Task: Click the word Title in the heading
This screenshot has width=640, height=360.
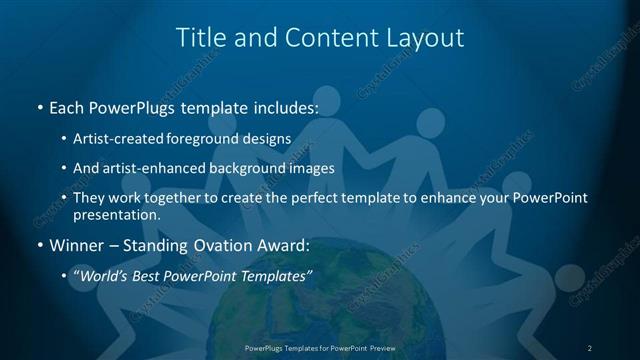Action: click(x=200, y=38)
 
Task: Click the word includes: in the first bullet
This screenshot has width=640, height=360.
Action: click(x=284, y=105)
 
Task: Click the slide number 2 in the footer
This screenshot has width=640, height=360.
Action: click(x=590, y=347)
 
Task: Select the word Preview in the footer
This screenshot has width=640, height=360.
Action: click(x=379, y=347)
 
